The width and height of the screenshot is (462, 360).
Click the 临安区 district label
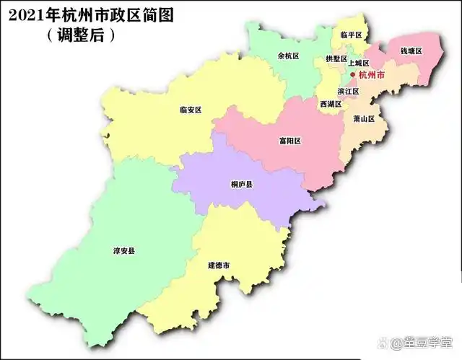[191, 110]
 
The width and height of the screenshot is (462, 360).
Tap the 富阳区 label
[289, 141]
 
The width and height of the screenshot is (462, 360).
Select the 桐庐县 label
[242, 185]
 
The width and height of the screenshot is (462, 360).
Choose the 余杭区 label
[288, 55]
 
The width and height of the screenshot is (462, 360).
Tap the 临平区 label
[351, 35]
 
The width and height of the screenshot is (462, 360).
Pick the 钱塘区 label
[411, 52]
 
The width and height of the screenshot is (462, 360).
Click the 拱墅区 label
[336, 58]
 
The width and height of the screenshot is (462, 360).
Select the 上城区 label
[358, 63]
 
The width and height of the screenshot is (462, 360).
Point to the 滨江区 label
[348, 92]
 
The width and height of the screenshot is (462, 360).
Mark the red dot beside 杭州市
[353, 74]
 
